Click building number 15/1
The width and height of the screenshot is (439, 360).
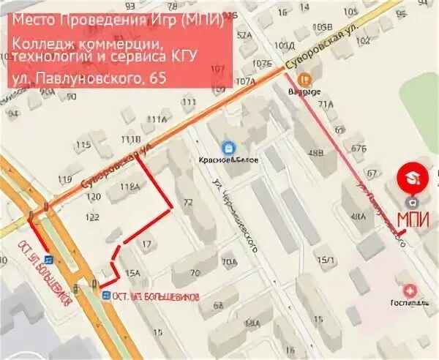325,260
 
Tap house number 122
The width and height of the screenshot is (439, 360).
92,217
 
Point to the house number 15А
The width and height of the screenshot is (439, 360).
132,274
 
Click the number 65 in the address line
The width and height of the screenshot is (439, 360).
155,77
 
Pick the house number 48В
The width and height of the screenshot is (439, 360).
316,152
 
